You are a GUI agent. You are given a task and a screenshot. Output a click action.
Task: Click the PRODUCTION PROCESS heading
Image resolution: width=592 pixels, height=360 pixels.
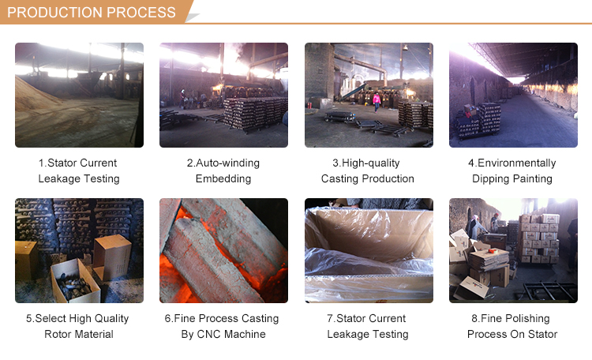click(92, 12)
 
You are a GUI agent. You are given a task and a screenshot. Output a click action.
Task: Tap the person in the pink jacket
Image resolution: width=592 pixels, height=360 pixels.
click(377, 102)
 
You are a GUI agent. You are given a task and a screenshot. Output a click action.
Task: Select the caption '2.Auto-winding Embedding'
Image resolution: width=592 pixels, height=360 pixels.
click(223, 171)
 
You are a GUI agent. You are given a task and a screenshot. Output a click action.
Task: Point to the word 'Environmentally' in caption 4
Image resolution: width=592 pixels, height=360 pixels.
click(516, 163)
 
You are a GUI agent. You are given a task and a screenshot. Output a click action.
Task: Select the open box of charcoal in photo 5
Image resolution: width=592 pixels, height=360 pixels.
click(75, 281)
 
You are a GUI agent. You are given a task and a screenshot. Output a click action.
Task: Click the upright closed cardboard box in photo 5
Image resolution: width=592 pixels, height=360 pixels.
click(113, 257)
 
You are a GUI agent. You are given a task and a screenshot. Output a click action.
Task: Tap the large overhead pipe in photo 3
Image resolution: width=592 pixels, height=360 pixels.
click(361, 64)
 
